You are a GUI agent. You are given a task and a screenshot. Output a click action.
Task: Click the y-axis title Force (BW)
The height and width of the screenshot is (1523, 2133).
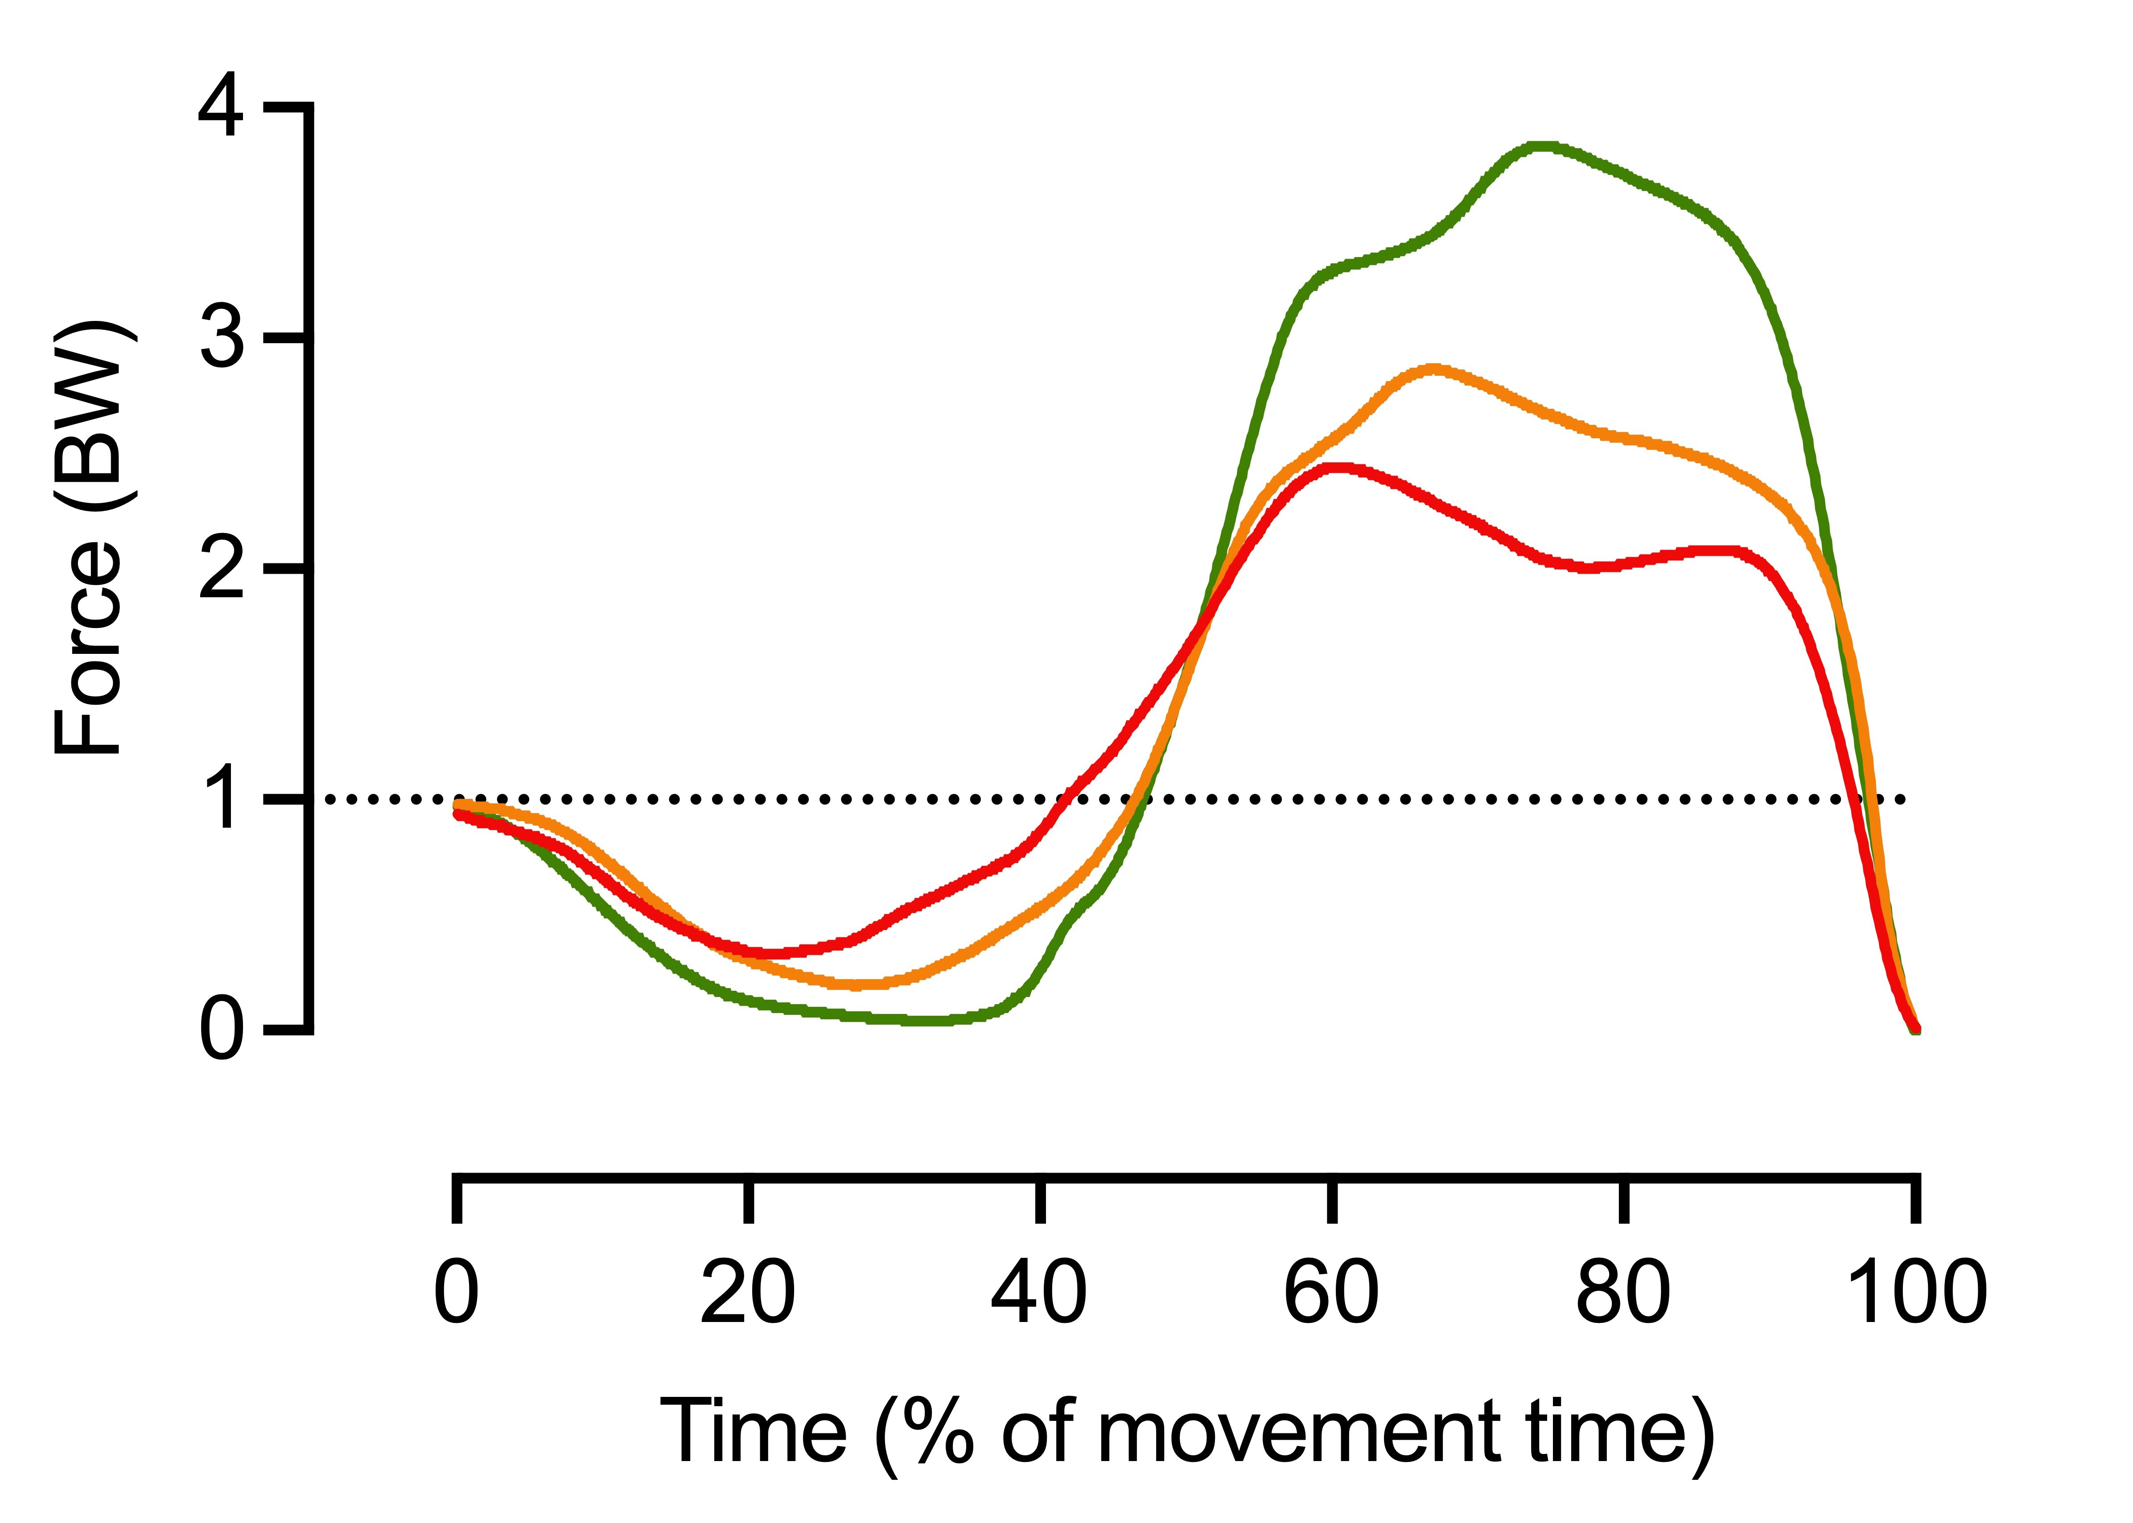tap(89, 539)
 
